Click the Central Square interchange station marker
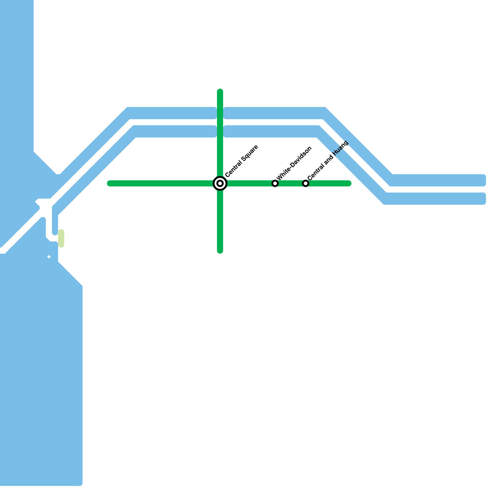coord(220,183)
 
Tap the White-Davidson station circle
coord(275,183)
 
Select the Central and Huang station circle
coord(306,183)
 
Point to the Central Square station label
coord(242,161)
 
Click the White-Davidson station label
coord(294,163)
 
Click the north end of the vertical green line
coord(220,91)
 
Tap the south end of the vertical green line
coord(220,251)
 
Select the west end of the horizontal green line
coord(109,183)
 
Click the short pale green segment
coord(61,238)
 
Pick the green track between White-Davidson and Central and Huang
coord(290,183)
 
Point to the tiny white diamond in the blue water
coord(49,257)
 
